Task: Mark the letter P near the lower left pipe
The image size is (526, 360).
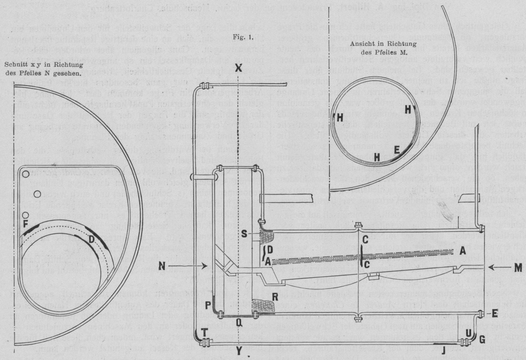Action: pyautogui.click(x=208, y=305)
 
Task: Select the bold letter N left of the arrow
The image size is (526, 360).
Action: pyautogui.click(x=166, y=265)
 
